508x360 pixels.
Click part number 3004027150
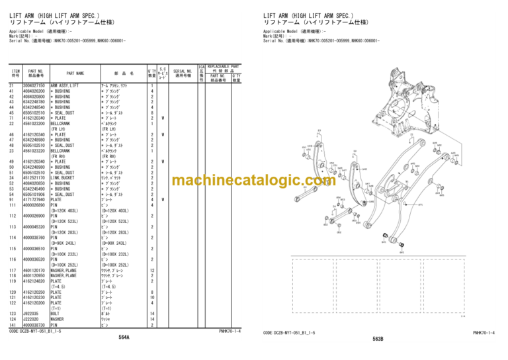[x=34, y=86]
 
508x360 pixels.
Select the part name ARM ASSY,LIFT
[x=65, y=86]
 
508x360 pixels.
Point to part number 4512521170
[x=34, y=177]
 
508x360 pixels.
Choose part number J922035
[x=30, y=313]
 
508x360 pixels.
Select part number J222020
[x=30, y=319]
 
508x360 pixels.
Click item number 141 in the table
[x=13, y=325]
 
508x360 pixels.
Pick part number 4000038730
[x=34, y=325]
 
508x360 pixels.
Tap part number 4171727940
[x=34, y=199]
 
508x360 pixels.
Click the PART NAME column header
[x=75, y=73]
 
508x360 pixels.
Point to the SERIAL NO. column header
[x=182, y=71]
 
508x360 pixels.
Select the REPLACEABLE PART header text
[x=224, y=67]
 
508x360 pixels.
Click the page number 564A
[x=124, y=337]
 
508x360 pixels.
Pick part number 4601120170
[x=34, y=270]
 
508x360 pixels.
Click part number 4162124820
[x=34, y=281]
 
